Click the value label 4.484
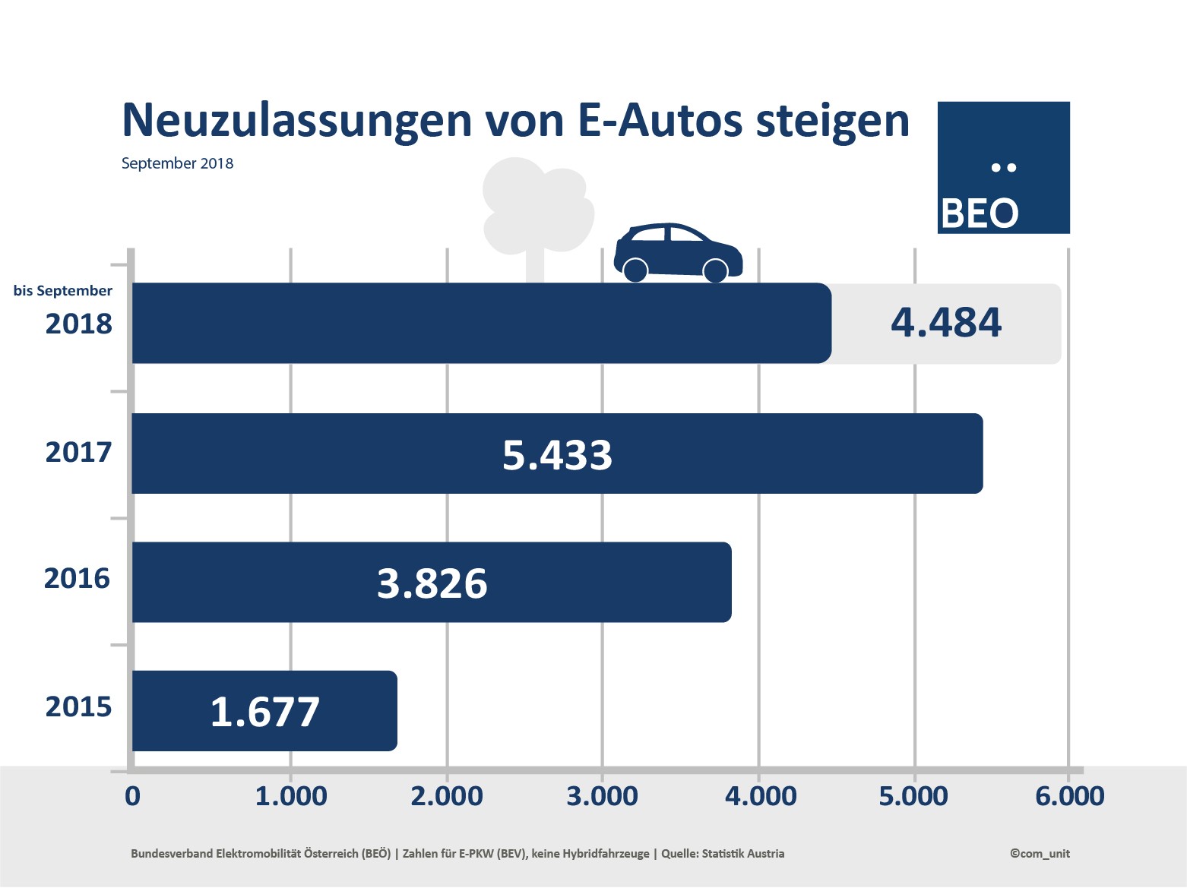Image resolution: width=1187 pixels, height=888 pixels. (x=946, y=323)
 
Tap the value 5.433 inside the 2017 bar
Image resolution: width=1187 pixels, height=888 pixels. (x=557, y=455)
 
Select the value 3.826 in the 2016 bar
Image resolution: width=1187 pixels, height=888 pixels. (x=432, y=583)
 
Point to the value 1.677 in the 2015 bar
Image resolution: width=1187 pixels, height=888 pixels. (x=264, y=712)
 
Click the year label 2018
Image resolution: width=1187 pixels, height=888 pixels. (x=78, y=324)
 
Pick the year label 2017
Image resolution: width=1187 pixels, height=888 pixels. (x=78, y=453)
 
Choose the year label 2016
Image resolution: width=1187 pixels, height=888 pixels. (x=77, y=579)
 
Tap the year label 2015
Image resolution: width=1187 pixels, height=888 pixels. (x=78, y=707)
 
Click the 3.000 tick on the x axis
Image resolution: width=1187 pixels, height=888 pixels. (x=603, y=796)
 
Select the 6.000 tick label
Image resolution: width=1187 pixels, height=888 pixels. (x=1069, y=796)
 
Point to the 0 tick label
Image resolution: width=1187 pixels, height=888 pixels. (x=132, y=796)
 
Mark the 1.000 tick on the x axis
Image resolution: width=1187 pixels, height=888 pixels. (x=291, y=796)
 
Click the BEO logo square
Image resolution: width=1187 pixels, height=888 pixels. (x=1003, y=167)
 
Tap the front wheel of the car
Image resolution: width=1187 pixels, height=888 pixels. (x=715, y=270)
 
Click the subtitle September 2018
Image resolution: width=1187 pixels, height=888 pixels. (x=177, y=163)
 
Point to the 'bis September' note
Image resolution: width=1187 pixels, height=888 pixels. (x=62, y=291)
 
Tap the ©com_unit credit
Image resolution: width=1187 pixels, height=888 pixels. (x=1040, y=854)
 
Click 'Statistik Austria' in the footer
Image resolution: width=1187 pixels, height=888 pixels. (x=742, y=854)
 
